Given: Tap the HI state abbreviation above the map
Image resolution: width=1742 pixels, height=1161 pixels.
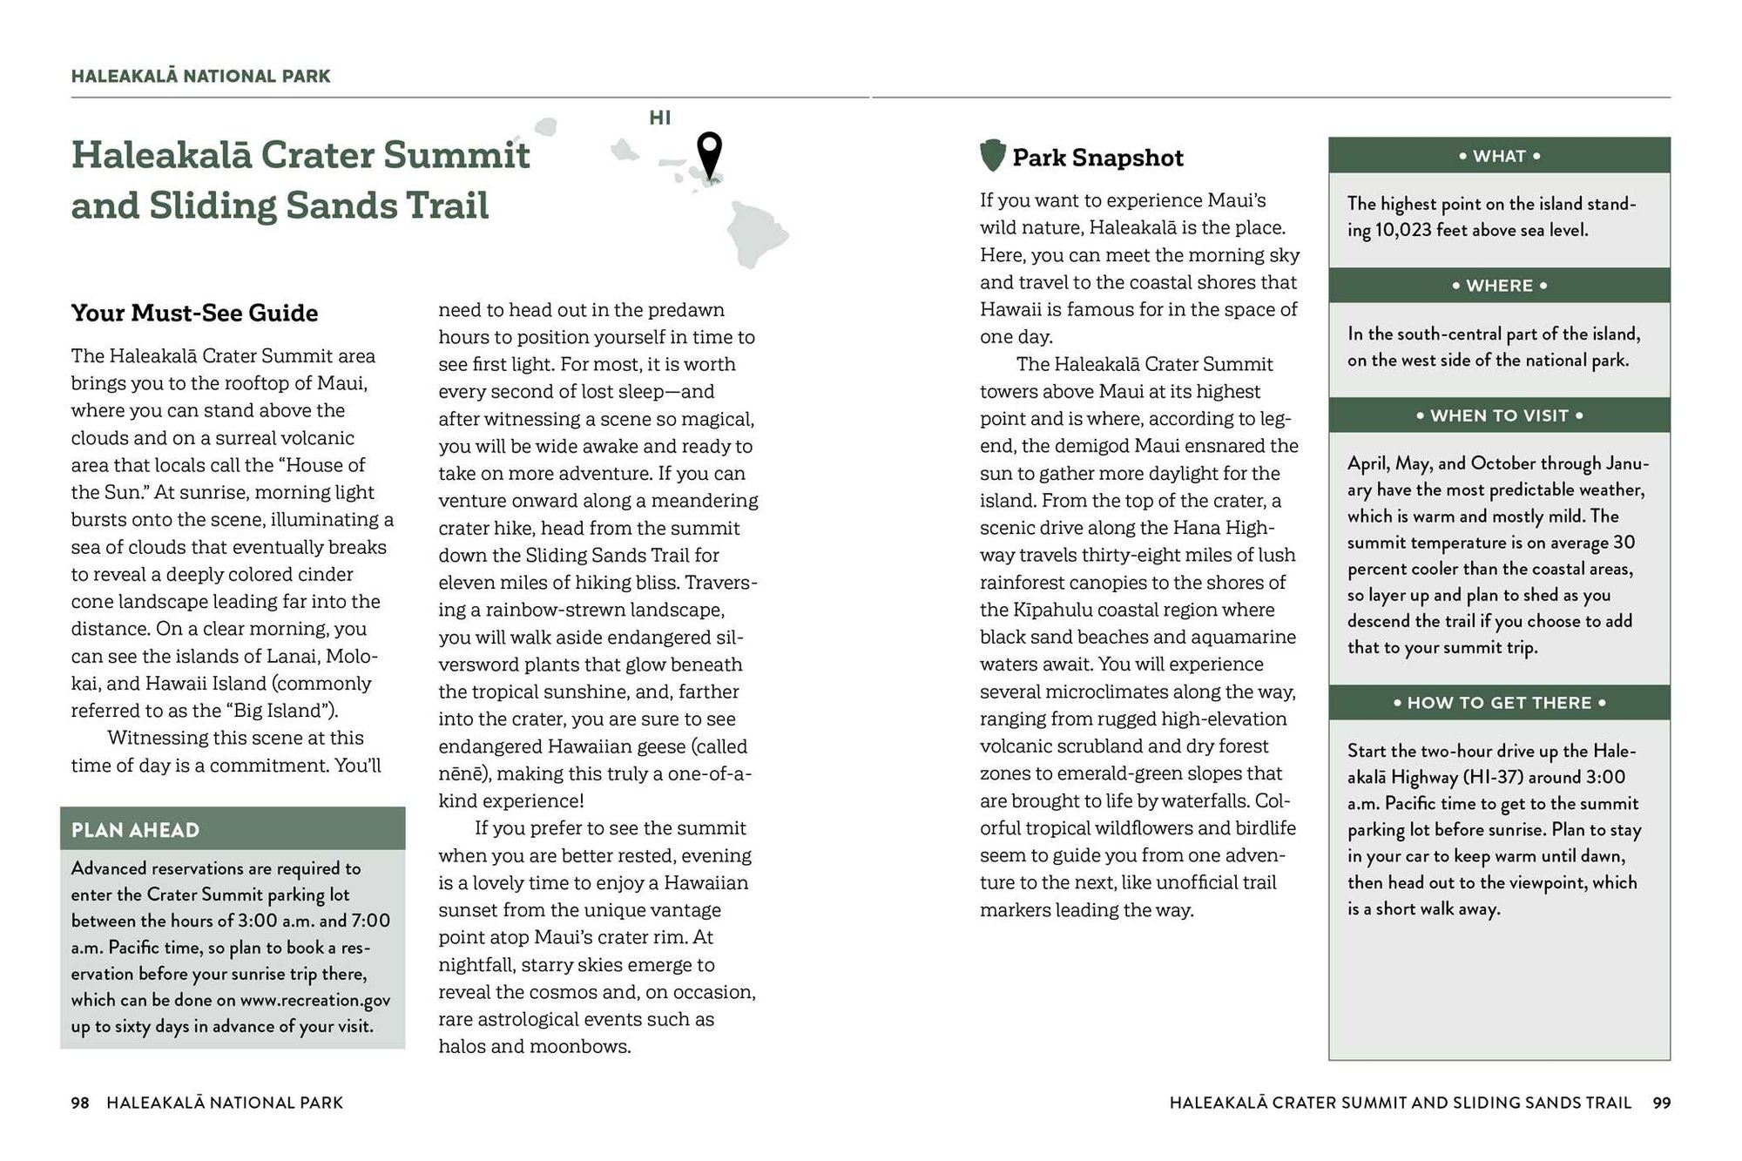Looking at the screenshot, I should click(660, 118).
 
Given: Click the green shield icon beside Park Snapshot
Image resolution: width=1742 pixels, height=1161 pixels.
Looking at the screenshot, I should click(992, 156).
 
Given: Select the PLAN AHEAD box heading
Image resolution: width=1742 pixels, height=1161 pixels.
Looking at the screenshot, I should click(135, 830).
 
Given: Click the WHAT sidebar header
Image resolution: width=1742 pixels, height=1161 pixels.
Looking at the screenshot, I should click(1499, 156).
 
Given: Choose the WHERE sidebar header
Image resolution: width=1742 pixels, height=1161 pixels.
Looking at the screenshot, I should click(1499, 286).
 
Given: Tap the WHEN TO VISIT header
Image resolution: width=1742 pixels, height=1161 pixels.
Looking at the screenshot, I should click(1499, 415).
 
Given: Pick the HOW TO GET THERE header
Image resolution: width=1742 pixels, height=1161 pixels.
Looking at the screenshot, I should click(1499, 703).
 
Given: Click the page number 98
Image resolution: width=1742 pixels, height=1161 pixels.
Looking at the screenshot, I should click(80, 1103).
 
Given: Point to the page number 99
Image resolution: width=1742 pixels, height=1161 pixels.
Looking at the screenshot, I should click(1662, 1103).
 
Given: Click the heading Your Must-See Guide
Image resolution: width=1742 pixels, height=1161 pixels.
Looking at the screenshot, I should click(194, 313).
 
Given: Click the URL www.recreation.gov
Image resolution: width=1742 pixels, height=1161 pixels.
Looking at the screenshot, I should click(315, 1000).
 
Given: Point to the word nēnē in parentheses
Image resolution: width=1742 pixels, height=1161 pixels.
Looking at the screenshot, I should click(463, 773).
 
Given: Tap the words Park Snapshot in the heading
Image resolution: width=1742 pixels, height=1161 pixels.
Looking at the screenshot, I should click(1097, 158).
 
